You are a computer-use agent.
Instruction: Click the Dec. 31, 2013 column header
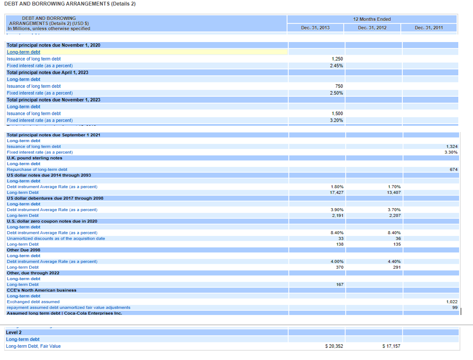coord(315,28)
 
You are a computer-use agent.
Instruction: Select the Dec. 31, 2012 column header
coord(372,28)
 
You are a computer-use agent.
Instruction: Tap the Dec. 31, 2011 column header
coord(429,28)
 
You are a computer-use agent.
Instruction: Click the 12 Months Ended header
coord(372,19)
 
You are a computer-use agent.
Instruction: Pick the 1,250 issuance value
coord(337,59)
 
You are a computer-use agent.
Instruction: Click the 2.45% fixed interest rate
coord(336,66)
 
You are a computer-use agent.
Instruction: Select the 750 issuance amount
coord(339,86)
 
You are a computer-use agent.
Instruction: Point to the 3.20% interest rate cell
coord(336,120)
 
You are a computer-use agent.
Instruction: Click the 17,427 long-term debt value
coord(336,193)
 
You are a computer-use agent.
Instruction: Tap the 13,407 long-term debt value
coord(394,193)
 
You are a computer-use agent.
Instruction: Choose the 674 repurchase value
coord(454,169)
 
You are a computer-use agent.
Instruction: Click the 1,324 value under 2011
coord(452,146)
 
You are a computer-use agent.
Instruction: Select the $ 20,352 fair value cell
coord(334,347)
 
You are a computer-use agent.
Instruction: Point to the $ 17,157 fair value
coord(391,347)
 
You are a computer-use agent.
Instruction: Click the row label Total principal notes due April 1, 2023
coord(48,72)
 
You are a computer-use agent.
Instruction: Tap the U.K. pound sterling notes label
coord(34,158)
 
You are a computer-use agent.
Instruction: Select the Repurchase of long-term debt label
coord(37,169)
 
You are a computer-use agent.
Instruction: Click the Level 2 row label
coord(14,332)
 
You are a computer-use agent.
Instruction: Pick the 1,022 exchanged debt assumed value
coord(452,302)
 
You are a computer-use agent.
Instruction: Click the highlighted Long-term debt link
coord(24,52)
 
